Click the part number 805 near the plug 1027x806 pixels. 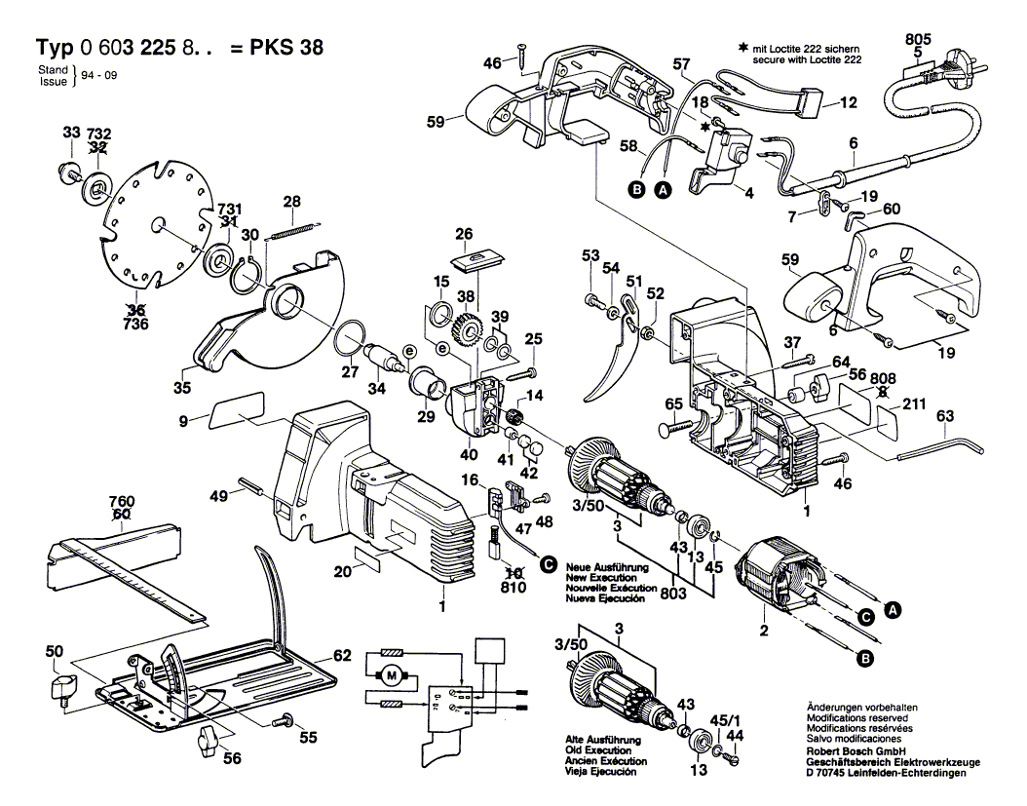(x=918, y=39)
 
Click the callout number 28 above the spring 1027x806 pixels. (x=291, y=202)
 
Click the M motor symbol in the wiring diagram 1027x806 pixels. (x=393, y=673)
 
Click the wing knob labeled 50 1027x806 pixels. (x=61, y=688)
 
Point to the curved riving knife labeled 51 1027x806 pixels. (x=603, y=362)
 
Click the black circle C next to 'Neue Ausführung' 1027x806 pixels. (x=548, y=563)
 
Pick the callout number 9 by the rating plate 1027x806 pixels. (x=184, y=420)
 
